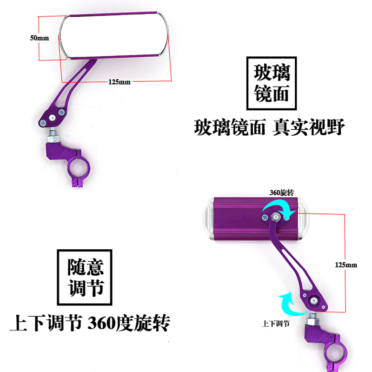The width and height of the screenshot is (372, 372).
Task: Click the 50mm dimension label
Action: point(40,38)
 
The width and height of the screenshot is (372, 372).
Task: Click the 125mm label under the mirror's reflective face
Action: point(120,82)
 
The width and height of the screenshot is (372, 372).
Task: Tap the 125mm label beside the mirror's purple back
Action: point(346,265)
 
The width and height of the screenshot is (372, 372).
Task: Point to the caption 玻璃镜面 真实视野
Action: point(269,127)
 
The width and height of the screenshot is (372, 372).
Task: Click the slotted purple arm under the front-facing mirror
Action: point(69,91)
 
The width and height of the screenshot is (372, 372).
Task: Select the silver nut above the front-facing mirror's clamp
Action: point(53,138)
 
